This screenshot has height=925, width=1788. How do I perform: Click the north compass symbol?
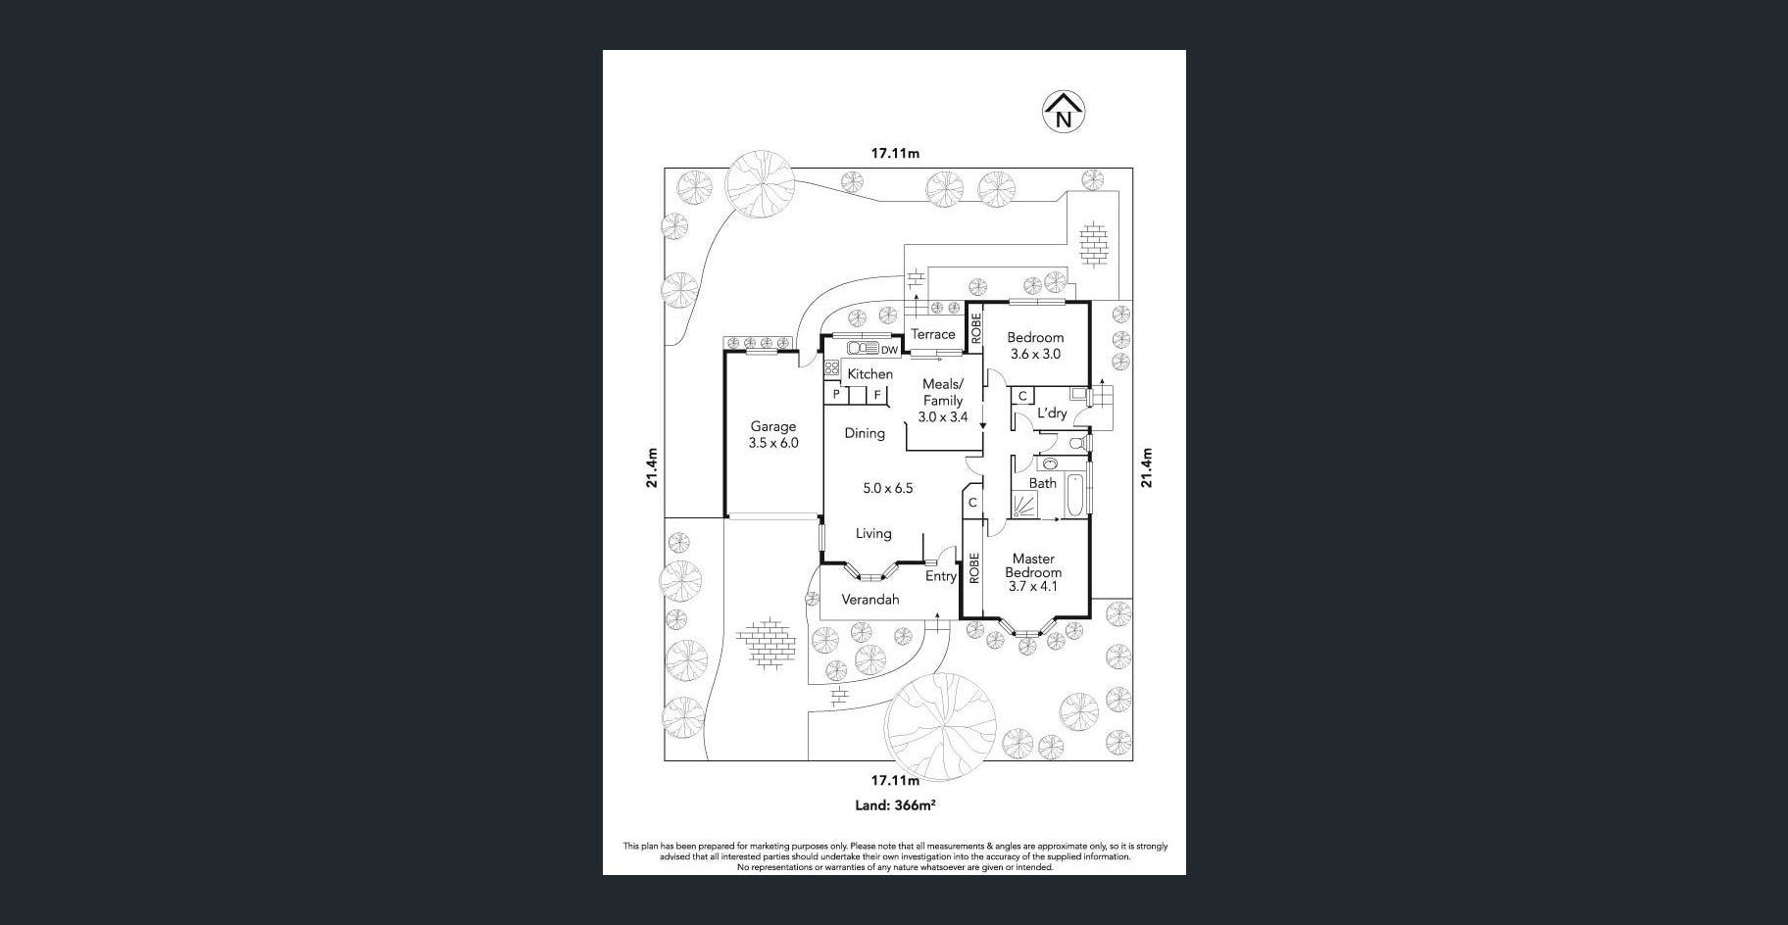(1063, 112)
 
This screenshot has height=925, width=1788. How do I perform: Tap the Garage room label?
(773, 426)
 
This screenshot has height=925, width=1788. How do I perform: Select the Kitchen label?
(869, 373)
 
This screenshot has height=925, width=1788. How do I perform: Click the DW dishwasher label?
(889, 350)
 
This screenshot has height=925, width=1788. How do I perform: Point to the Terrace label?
(932, 334)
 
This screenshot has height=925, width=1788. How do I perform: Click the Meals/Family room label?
(942, 392)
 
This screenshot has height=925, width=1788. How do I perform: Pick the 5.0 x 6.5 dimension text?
(887, 488)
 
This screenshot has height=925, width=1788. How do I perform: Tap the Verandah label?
(870, 600)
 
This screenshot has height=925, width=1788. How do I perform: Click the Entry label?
(940, 576)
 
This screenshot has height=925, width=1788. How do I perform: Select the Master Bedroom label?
(1032, 565)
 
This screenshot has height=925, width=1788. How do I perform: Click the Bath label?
(1042, 483)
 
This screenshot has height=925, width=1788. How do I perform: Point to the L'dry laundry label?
(1051, 414)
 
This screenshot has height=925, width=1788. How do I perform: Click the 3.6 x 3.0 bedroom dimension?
(1035, 355)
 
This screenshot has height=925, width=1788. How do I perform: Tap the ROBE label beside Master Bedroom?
(973, 568)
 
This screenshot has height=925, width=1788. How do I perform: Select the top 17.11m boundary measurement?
(895, 153)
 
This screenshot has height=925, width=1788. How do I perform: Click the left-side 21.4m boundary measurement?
(652, 467)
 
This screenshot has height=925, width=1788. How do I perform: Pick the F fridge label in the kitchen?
(877, 395)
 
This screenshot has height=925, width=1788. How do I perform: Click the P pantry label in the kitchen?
(836, 395)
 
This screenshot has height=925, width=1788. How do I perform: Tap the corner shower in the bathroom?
(1023, 506)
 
